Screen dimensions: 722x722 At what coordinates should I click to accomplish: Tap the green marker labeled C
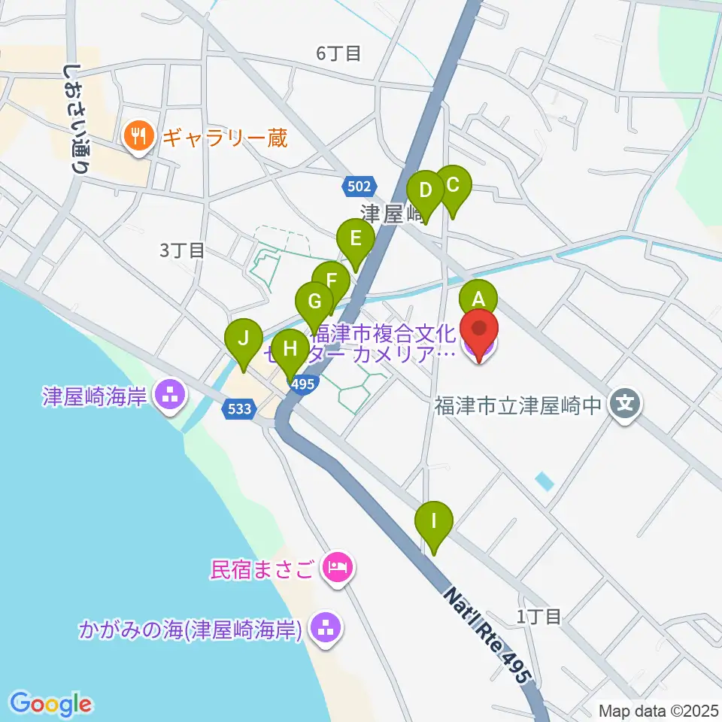pos(453,185)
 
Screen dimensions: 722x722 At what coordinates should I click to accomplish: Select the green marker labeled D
pos(426,190)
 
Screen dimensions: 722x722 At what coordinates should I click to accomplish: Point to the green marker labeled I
pos(434,521)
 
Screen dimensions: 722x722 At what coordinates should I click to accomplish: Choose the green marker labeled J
pos(244,338)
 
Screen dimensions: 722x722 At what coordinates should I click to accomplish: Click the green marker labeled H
pos(290,349)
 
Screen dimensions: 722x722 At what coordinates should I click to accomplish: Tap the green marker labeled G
pos(315,302)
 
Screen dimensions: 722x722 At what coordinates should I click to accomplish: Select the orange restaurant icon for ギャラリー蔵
pos(137,136)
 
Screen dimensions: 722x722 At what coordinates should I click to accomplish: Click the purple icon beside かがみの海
pos(325,627)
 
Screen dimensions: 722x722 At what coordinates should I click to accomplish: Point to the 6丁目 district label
pos(338,53)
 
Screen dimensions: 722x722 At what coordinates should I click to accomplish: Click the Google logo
pos(51,704)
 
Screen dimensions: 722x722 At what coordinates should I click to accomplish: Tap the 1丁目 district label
pos(539,617)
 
